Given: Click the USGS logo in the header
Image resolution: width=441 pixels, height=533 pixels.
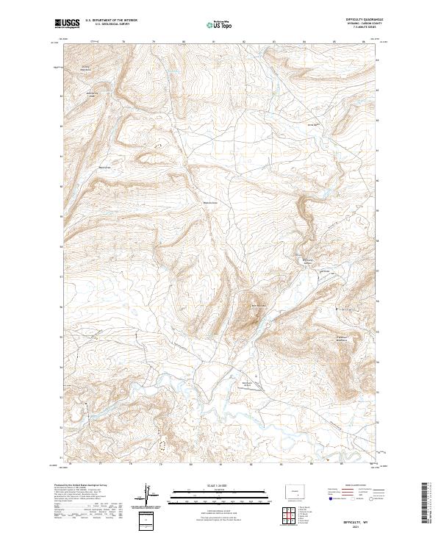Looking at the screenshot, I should click(x=67, y=24).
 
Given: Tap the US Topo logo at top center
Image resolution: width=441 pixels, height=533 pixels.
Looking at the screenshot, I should click(x=220, y=24).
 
